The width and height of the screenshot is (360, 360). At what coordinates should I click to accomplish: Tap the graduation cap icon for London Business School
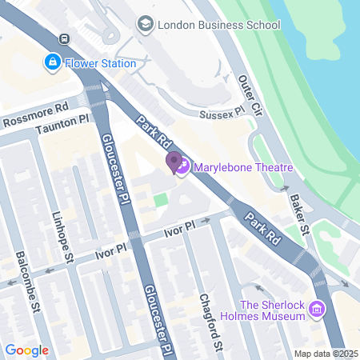click(145, 25)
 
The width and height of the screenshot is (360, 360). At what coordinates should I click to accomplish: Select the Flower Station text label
click(100, 62)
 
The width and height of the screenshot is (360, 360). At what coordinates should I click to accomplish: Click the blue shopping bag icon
click(52, 62)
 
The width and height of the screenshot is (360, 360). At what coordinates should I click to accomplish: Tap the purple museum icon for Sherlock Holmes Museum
click(318, 310)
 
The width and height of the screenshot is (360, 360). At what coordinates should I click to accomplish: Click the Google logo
click(26, 350)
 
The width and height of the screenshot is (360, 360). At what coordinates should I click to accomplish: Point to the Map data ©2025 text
click(326, 354)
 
